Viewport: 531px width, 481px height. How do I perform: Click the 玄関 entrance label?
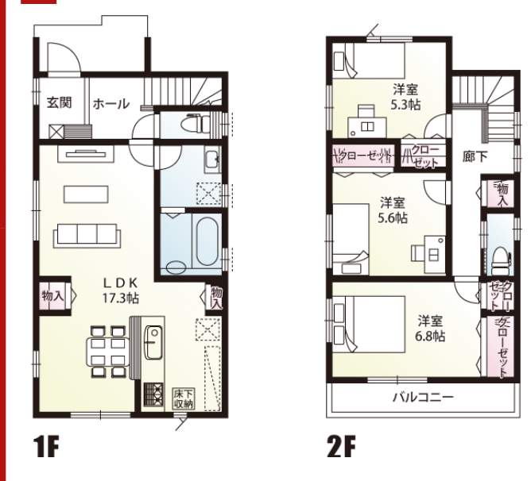tap(60, 102)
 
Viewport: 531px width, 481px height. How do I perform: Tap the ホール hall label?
tap(111, 104)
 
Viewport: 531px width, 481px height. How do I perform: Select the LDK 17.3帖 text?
tap(121, 291)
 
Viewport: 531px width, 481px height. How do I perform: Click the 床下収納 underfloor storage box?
tap(184, 398)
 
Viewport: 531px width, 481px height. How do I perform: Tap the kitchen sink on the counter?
tap(153, 342)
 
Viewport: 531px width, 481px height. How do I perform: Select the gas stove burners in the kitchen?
tap(153, 394)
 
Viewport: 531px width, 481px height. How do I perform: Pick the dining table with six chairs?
tap(108, 352)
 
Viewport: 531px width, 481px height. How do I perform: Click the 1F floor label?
tap(46, 447)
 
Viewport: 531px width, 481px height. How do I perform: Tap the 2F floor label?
tap(341, 447)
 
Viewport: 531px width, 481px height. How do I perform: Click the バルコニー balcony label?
tap(423, 397)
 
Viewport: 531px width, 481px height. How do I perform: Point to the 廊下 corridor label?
tap(475, 156)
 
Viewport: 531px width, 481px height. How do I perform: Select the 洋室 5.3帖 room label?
tap(405, 98)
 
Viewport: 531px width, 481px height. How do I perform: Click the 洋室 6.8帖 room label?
tap(430, 329)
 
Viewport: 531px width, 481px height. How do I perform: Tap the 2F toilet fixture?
tap(500, 260)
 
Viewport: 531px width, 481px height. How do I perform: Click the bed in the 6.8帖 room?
tap(369, 325)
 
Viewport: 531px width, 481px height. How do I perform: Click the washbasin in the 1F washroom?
tap(213, 159)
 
